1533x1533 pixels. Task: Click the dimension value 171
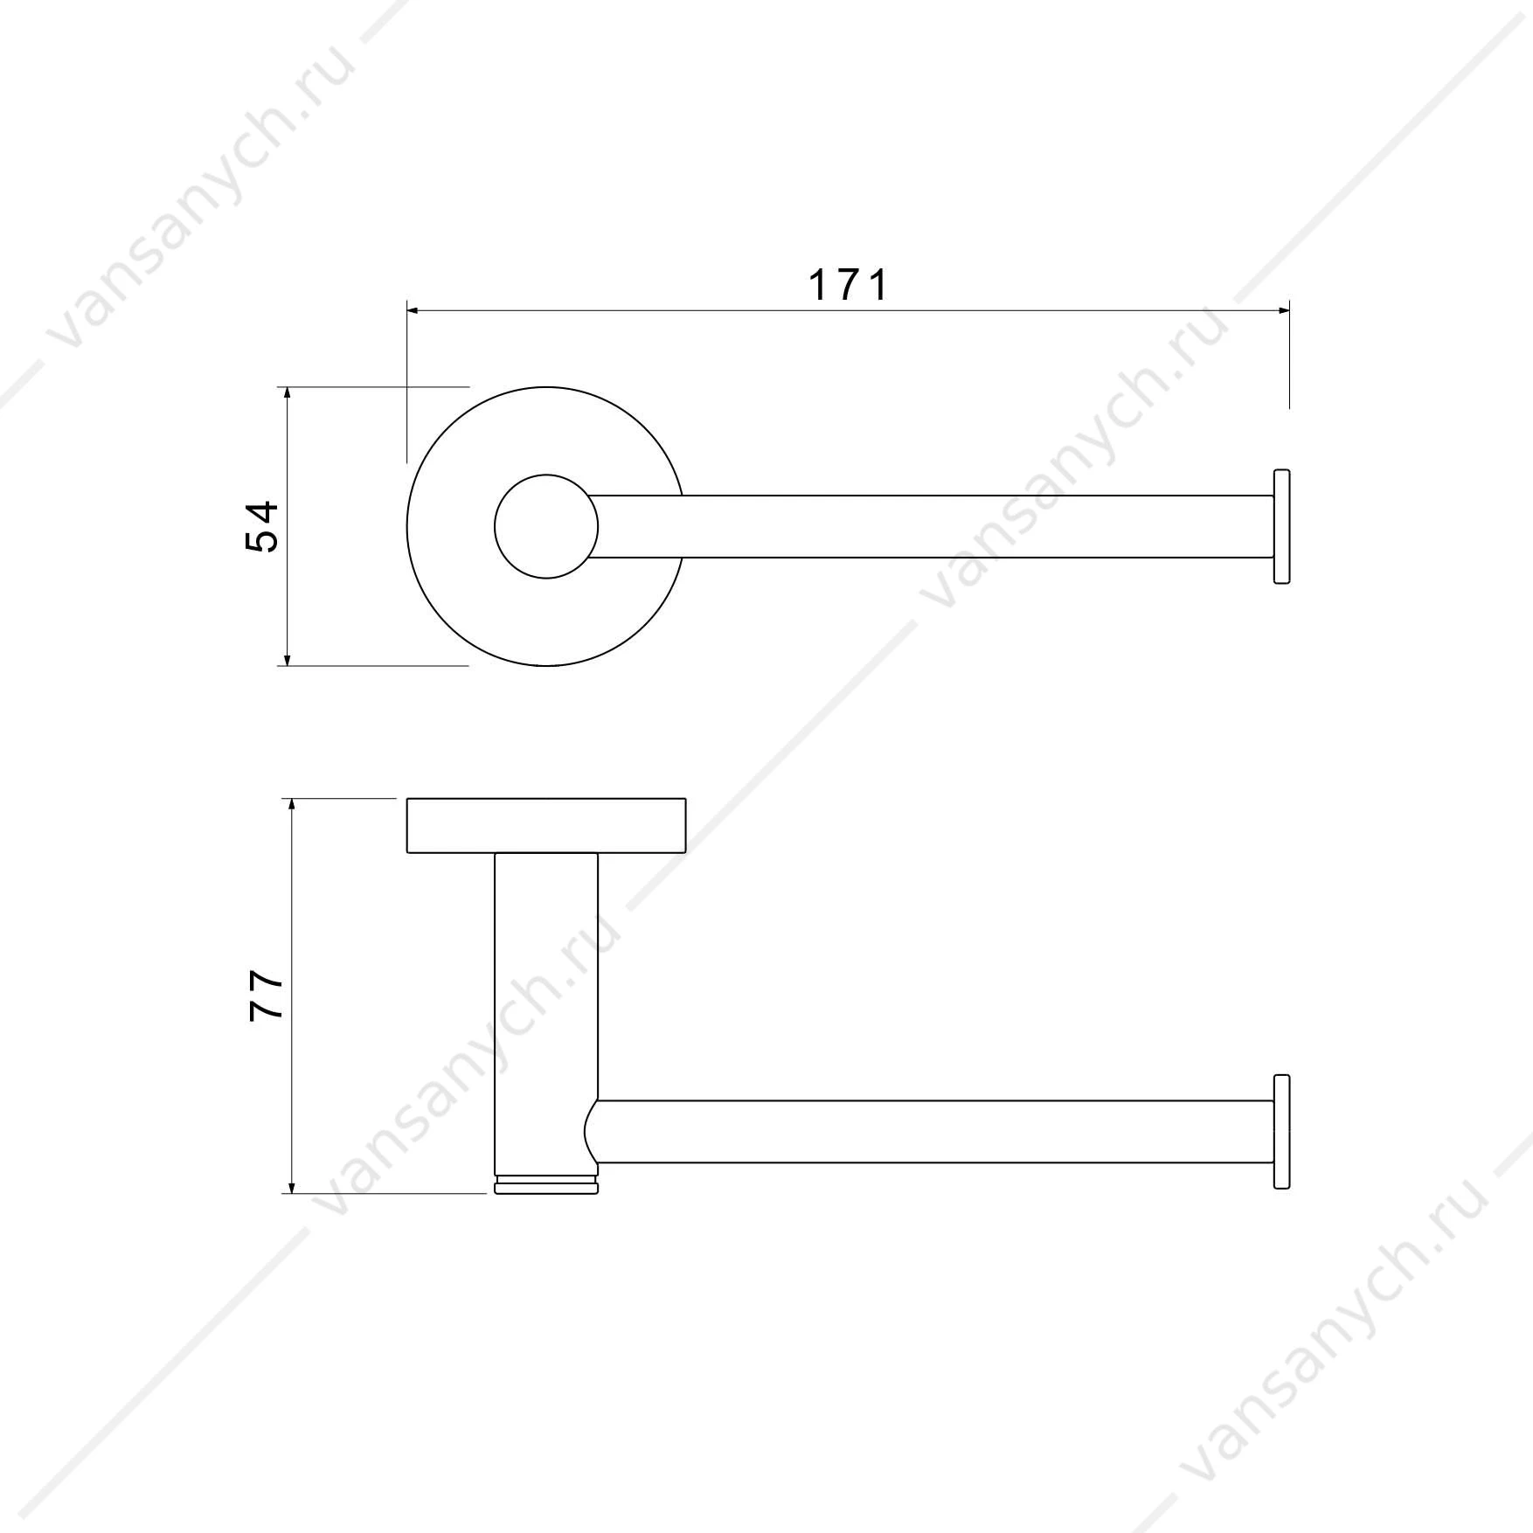[848, 285]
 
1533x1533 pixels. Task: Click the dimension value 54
[261, 525]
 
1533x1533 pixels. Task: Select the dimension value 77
[267, 995]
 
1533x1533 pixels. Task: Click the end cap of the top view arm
[1281, 527]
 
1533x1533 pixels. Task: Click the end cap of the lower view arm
[1281, 1131]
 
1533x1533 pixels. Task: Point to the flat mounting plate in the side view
[546, 825]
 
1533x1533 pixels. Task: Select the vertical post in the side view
[546, 1014]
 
